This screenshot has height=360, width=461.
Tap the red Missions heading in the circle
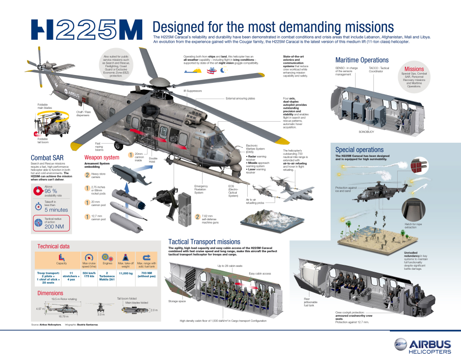coord(414,69)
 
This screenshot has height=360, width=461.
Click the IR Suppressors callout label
coord(193,91)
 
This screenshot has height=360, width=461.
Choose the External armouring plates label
coord(240,99)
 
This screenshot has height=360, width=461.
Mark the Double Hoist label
coord(153,160)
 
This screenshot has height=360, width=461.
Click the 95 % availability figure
coord(51,191)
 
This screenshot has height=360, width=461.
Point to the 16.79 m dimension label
coord(64,317)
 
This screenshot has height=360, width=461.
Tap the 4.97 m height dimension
coord(40,309)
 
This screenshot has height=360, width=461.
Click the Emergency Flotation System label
coord(201,189)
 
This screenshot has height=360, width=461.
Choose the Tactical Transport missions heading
coord(204,242)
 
